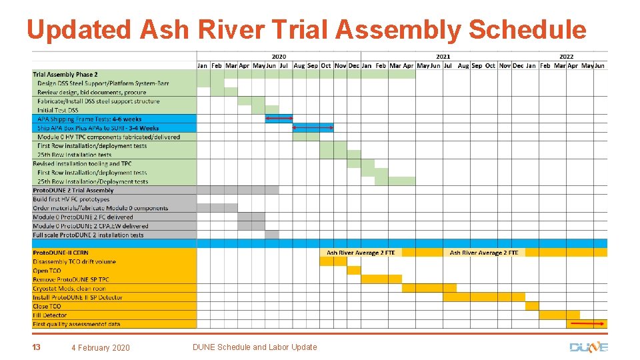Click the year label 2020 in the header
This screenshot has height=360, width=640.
coord(279,57)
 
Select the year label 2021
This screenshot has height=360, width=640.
coord(443,57)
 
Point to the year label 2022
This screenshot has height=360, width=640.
coord(566,57)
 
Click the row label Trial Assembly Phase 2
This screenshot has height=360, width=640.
coord(65,74)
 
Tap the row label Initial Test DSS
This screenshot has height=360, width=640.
coord(57,110)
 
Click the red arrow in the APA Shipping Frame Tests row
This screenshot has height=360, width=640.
coord(279,119)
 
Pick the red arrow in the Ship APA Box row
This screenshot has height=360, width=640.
coord(313,127)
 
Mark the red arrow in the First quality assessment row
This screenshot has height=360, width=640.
coord(587,323)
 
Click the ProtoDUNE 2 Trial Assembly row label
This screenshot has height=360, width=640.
coord(73,190)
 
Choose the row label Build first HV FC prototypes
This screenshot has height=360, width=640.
coord(71,199)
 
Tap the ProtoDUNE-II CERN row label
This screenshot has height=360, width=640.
coord(60,253)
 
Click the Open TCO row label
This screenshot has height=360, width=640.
coord(47,271)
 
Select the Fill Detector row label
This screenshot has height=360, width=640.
coord(50,315)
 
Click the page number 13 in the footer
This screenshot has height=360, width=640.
coord(36,347)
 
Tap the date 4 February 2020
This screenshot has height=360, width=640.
coord(101,347)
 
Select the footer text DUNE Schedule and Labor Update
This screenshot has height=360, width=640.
coord(255,347)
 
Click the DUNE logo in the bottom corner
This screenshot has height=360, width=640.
coord(589,347)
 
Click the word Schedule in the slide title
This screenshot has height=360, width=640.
coord(527,30)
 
